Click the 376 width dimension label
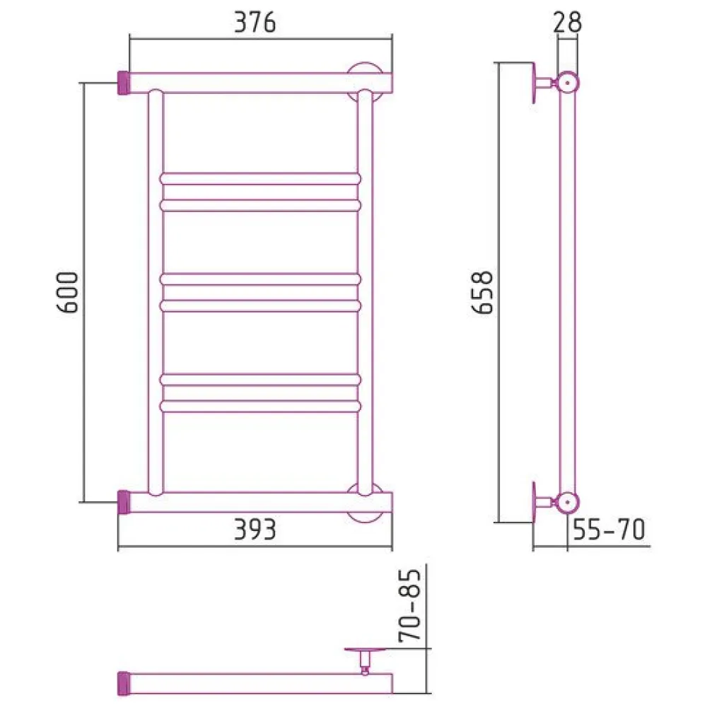pos(255,23)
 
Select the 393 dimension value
pos(255,530)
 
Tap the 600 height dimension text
pos(68,292)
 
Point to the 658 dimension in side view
pos(482,292)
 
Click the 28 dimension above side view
pos(567,22)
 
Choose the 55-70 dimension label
pos(609,530)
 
